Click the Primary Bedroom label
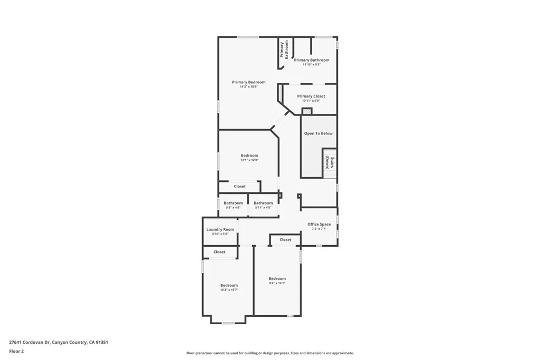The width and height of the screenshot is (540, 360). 248,82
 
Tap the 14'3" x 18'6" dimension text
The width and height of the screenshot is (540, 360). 248,87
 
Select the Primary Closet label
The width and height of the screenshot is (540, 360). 311,96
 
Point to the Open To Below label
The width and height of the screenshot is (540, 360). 318,133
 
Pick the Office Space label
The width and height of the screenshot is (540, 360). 319,225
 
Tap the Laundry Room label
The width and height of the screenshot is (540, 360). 220,229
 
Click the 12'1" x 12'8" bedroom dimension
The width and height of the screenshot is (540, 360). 249,160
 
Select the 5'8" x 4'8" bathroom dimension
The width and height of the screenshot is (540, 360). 233,208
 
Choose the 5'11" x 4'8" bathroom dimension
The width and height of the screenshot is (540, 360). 263,208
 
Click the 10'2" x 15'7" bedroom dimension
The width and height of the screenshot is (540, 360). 229,290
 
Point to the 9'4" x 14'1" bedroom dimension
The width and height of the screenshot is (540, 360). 277,283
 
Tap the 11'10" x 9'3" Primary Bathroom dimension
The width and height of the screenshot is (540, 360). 311,65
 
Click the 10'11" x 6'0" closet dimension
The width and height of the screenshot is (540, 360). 311,101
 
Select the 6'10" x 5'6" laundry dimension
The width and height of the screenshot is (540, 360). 220,234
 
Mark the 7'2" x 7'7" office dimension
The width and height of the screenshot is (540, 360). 319,229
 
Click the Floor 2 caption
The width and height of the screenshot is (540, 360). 17,351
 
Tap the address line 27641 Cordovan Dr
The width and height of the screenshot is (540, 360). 58,342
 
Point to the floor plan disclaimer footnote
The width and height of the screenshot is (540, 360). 269,353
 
